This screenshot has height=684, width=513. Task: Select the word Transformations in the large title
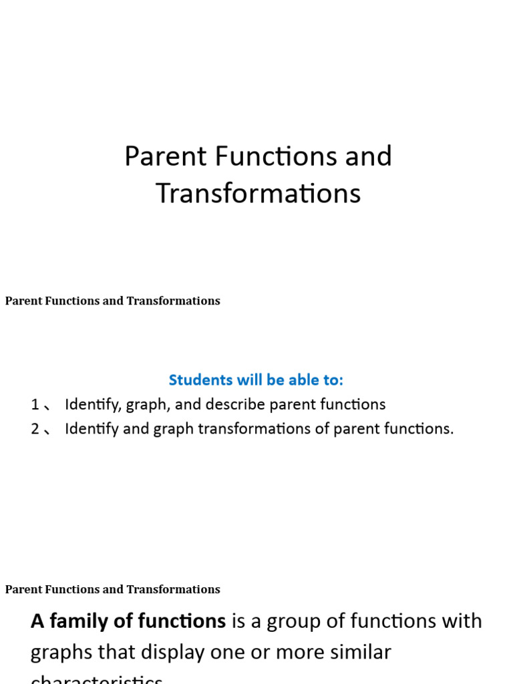258,194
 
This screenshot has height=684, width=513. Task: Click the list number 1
35,405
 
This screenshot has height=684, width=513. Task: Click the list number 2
35,429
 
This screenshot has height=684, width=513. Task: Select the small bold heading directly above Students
112,301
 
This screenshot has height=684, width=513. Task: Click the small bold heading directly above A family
112,590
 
